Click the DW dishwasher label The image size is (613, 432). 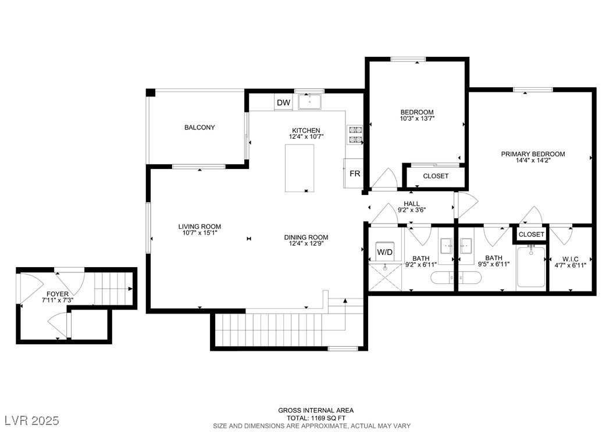click(283, 103)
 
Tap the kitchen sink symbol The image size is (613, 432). click(309, 102)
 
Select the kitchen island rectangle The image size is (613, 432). click(300, 168)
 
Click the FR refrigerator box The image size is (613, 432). click(354, 173)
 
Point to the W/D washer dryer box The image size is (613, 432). click(384, 252)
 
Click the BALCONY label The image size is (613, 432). click(199, 127)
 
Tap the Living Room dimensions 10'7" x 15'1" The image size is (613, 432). click(199, 233)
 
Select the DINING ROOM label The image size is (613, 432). click(306, 237)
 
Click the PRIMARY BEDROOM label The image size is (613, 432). click(533, 154)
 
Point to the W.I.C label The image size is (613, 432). click(571, 259)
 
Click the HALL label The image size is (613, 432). click(412, 204)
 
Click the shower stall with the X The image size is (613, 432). click(385, 277)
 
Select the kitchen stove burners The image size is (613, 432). click(355, 135)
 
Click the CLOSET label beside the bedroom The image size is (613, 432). click(436, 176)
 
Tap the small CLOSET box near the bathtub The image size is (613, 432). click(532, 234)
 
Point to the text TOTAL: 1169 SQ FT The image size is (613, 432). click(316, 418)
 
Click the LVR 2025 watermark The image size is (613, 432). click(32, 420)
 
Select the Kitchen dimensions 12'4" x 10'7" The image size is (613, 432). click(306, 136)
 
